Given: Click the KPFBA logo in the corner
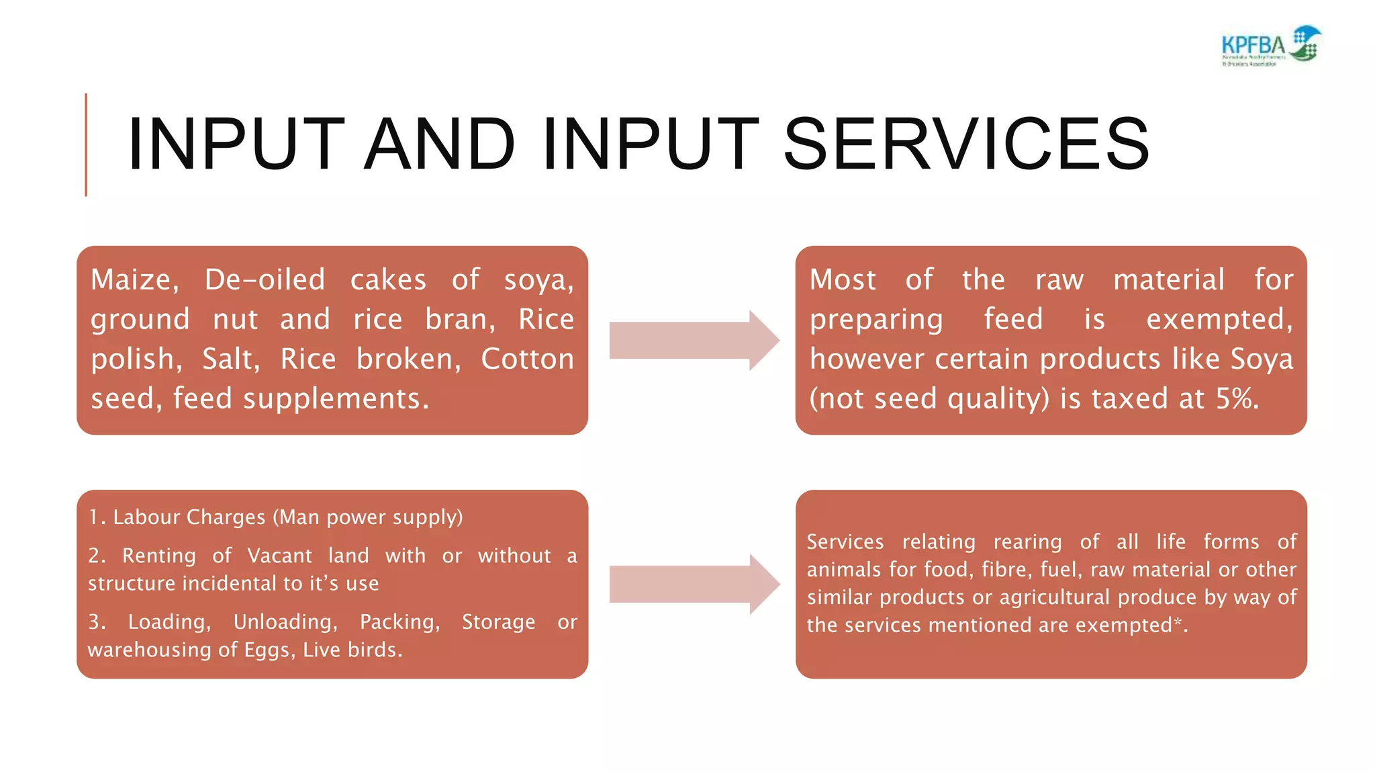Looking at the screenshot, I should point(1271,46).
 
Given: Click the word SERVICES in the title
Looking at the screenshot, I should point(967,144).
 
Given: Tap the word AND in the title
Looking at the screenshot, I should point(440,144).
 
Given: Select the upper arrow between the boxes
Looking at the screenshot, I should point(694,340).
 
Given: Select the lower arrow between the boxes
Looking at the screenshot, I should point(694,584).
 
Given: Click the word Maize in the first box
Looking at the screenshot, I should point(134,279).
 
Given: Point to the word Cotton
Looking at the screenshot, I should point(527,359).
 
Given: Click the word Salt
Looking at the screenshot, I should point(230,359).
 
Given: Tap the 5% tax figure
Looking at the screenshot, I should point(1237,398).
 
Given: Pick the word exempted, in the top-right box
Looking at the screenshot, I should point(1219,319).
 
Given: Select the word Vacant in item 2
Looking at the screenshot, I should point(279,556).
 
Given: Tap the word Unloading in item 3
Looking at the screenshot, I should point(285,621).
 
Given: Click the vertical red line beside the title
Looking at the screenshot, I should point(86,144).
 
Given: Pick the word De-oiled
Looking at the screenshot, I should point(265,279).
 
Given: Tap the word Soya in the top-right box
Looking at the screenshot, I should point(1262,359).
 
